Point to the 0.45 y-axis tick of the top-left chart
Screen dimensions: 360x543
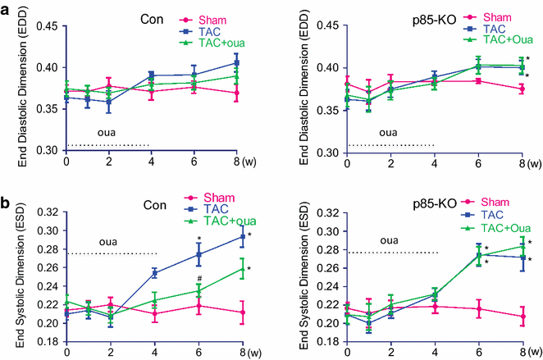[44, 25]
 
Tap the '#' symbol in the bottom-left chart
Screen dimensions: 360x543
[198, 279]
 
